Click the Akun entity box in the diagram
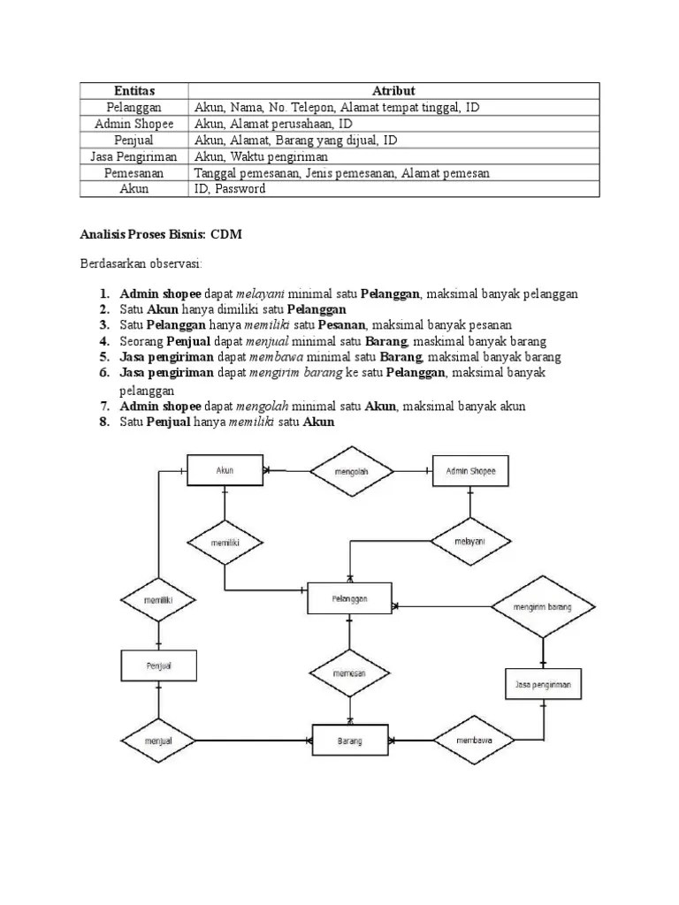tap(225, 471)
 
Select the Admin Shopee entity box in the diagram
tap(470, 472)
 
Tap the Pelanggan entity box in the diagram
tap(349, 598)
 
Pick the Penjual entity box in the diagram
tap(158, 665)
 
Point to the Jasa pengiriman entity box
tap(543, 684)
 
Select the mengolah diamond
tap(351, 472)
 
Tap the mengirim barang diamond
tap(543, 607)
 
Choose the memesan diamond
tap(349, 673)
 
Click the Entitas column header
tap(134, 91)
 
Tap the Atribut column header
tap(394, 91)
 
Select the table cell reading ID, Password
tap(230, 189)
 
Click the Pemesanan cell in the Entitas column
tap(134, 173)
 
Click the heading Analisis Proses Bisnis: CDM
tap(160, 234)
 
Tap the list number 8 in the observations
tap(103, 422)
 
